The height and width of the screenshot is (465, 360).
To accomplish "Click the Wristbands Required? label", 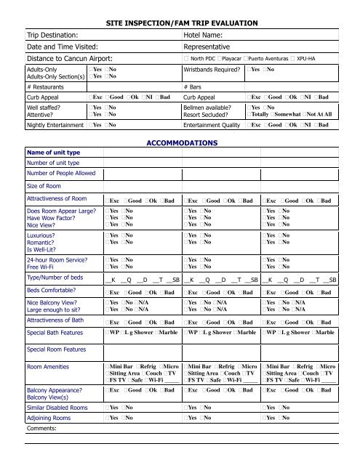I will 211,70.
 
